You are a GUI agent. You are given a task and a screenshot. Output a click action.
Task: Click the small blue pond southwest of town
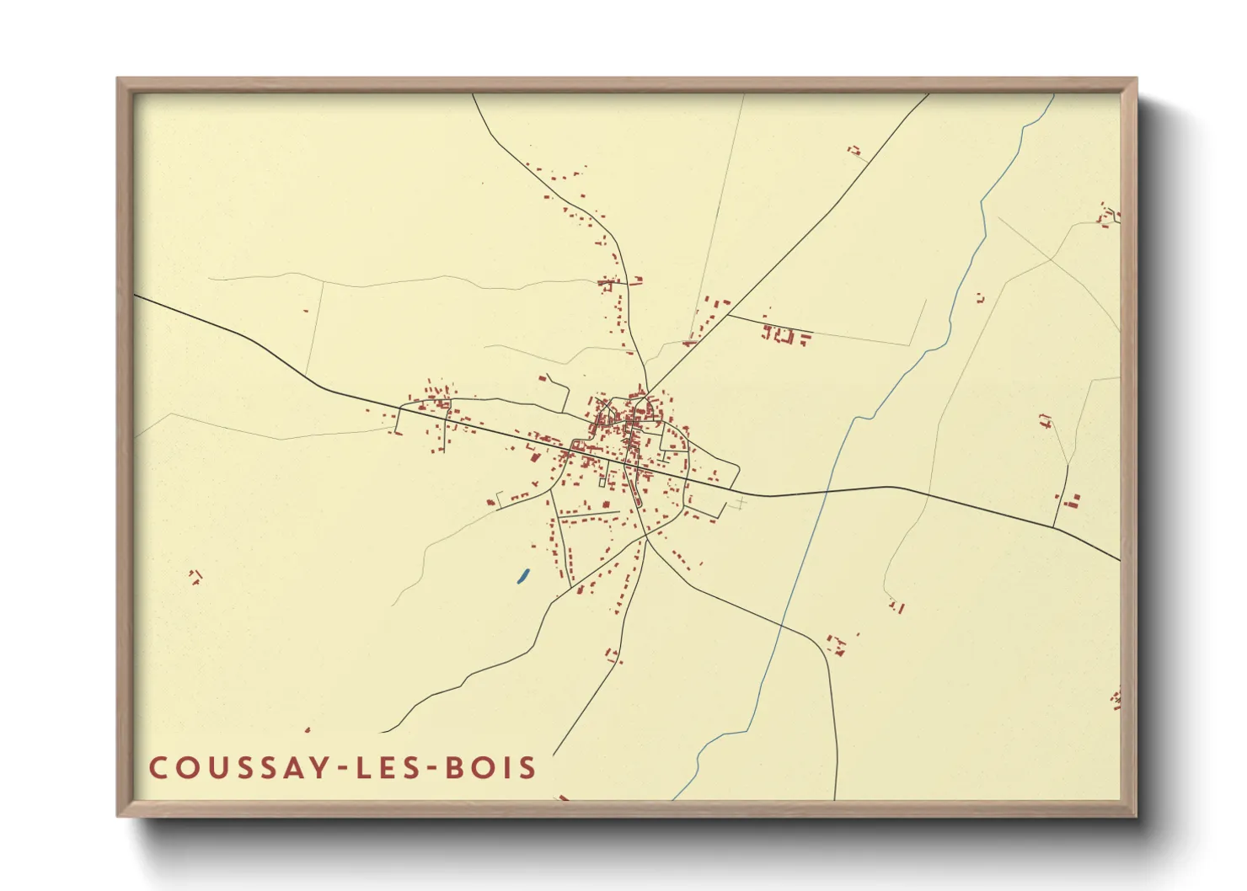coord(522,576)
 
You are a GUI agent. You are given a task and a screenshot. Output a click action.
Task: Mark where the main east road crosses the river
coord(827,490)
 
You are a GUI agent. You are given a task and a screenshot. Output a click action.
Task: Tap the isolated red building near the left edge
coord(195,576)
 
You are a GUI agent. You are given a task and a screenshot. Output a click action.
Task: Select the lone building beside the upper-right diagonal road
coord(854,151)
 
